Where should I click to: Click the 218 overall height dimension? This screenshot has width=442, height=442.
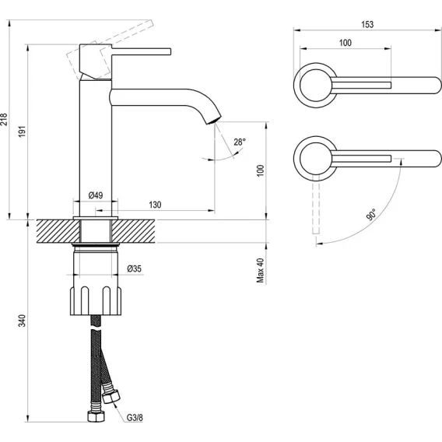click(x=3, y=119)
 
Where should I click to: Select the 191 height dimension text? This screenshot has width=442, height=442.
click(x=22, y=132)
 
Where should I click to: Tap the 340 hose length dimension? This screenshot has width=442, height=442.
click(x=22, y=321)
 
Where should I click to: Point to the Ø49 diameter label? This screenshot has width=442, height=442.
click(x=96, y=195)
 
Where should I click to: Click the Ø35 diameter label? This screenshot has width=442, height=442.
click(x=134, y=268)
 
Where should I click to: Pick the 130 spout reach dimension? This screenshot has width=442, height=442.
click(x=155, y=205)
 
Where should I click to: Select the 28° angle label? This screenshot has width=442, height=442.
click(x=240, y=142)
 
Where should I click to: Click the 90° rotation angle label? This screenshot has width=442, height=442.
click(x=371, y=215)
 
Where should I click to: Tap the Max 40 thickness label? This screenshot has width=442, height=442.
click(x=260, y=270)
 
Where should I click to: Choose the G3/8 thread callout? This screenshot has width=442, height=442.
click(x=135, y=417)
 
